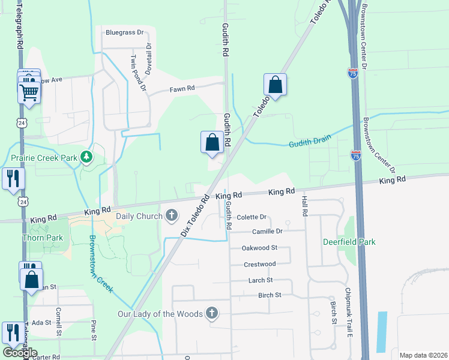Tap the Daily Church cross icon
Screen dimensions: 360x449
[x=171, y=215]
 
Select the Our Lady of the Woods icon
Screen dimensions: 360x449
[x=211, y=313]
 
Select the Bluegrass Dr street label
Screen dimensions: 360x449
[x=125, y=32]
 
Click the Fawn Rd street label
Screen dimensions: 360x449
[x=182, y=88]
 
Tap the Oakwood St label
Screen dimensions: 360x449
[x=259, y=247]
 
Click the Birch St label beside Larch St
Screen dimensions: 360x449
[x=270, y=295]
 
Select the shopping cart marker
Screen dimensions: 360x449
[x=29, y=93]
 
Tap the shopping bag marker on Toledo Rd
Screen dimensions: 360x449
[x=275, y=85]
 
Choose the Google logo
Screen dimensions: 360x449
[x=20, y=353]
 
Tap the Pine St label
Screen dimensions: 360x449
[x=94, y=329]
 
